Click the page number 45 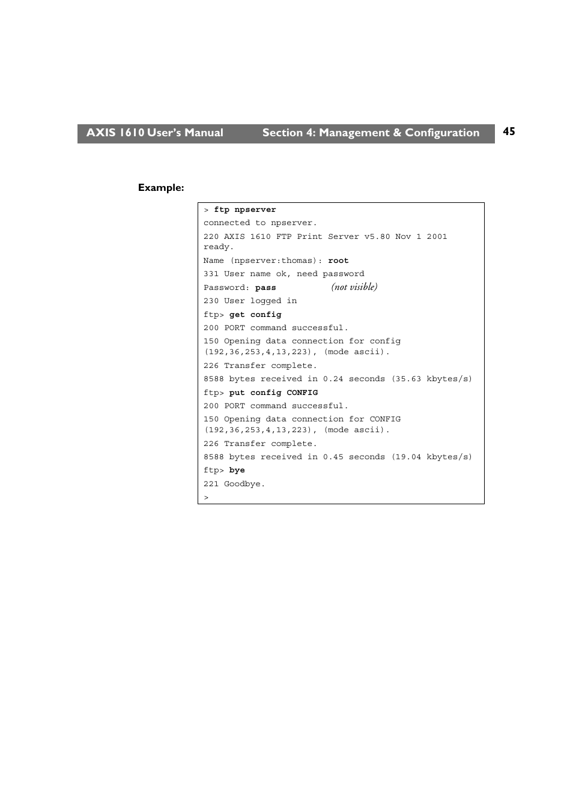tap(509, 131)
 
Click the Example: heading tap(161, 188)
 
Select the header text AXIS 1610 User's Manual tap(154, 133)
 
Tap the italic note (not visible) tap(354, 287)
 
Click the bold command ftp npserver tap(245, 210)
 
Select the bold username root tap(338, 261)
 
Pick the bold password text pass tap(265, 288)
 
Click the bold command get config tap(255, 315)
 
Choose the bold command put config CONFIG tap(273, 393)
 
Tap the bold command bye tap(237, 471)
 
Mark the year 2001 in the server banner tap(437, 237)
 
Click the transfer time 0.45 tap(333, 457)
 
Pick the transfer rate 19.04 tap(408, 457)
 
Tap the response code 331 tap(211, 274)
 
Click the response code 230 tap(211, 301)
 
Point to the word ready tap(217, 247)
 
